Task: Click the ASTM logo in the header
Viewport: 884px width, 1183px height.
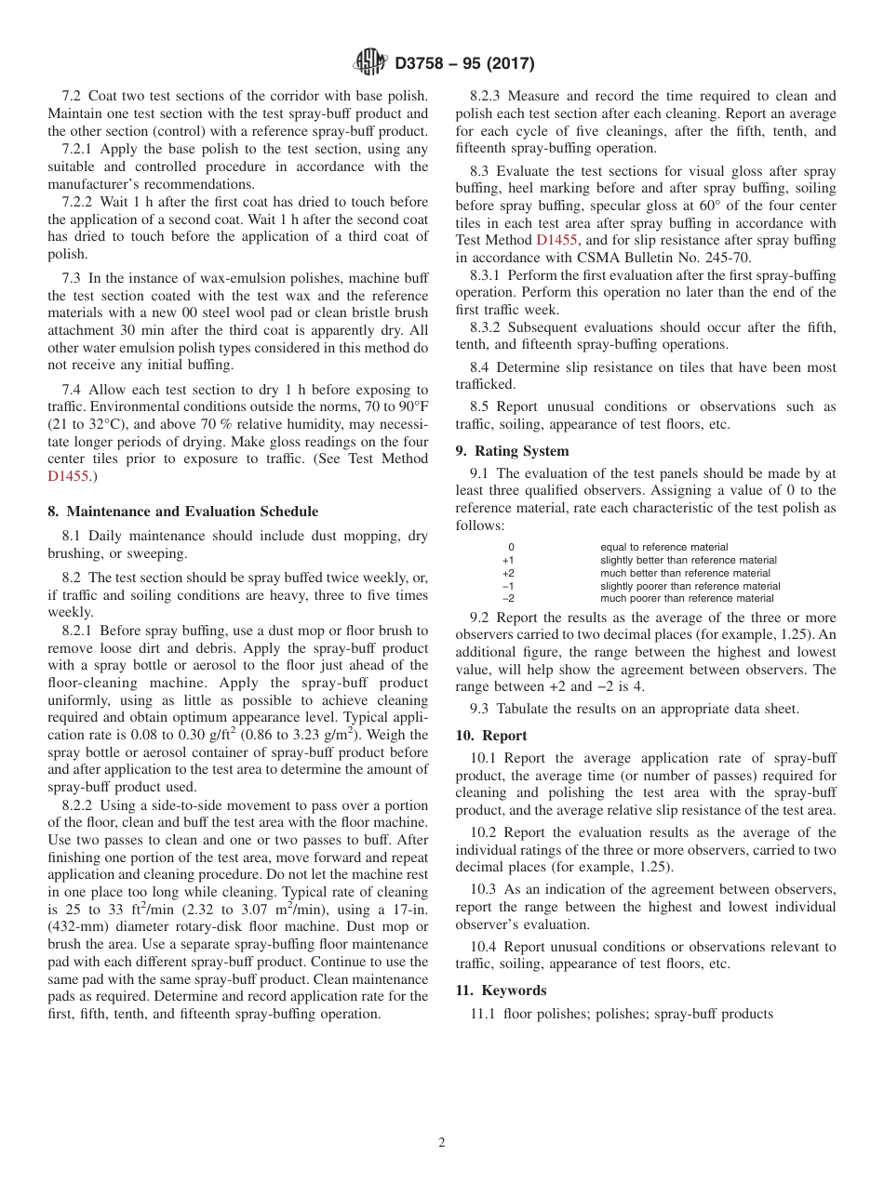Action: [x=370, y=63]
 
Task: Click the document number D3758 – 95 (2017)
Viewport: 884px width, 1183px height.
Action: [x=464, y=64]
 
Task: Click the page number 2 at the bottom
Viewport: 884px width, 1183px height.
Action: [x=442, y=1143]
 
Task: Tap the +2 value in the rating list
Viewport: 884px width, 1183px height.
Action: [x=507, y=574]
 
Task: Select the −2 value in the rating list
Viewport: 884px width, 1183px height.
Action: [x=507, y=599]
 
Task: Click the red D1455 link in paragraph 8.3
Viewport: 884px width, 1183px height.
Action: [x=555, y=240]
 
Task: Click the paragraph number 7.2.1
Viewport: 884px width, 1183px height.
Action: [x=79, y=149]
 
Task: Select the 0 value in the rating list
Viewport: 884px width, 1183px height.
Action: [x=511, y=548]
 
